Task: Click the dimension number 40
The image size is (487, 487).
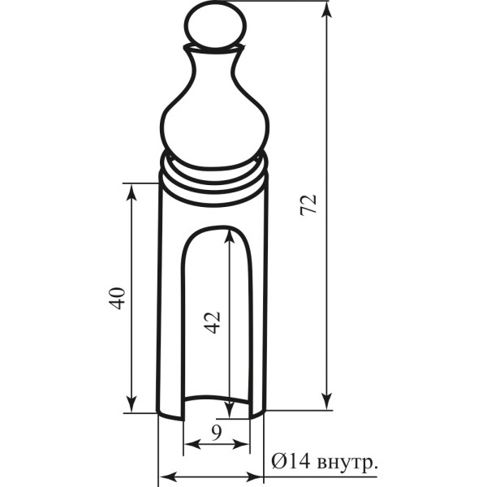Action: [x=118, y=299]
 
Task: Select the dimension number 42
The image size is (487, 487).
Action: [x=212, y=322]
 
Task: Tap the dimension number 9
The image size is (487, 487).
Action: [x=216, y=433]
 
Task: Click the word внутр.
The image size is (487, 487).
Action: [x=348, y=463]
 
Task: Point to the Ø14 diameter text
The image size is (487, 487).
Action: [x=291, y=461]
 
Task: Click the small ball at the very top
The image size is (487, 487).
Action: [x=216, y=25]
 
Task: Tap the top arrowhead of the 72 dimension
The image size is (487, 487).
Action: [x=326, y=12]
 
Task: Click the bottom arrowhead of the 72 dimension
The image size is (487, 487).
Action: [x=326, y=401]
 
